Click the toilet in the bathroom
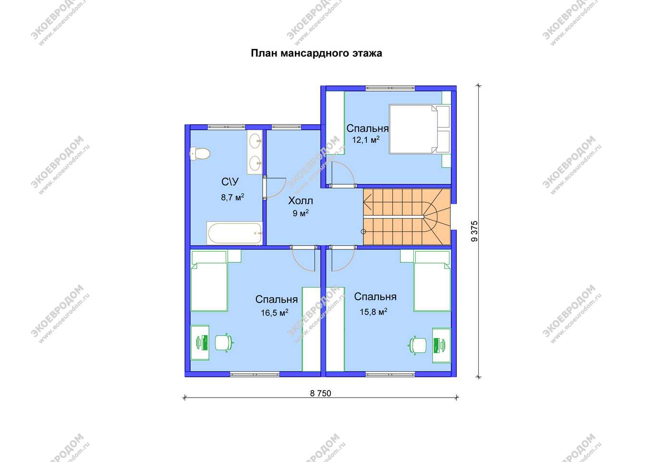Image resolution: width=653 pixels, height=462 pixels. (x=200, y=153)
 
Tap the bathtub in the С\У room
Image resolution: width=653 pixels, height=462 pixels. (x=235, y=233)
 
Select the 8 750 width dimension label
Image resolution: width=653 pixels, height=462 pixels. (x=320, y=393)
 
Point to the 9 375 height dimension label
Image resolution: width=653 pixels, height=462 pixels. (x=474, y=231)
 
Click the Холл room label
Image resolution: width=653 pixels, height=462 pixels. (x=301, y=201)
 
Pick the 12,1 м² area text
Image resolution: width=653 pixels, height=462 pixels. (x=366, y=140)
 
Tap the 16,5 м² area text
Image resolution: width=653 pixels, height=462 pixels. (x=275, y=313)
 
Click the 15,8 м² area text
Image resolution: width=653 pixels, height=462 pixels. (x=374, y=312)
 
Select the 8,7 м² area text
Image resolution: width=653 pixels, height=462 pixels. (x=232, y=197)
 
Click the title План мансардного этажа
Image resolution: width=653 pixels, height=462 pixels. (x=316, y=53)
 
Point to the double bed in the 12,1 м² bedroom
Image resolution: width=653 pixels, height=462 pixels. (x=419, y=129)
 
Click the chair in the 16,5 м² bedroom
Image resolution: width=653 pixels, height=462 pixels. (x=224, y=342)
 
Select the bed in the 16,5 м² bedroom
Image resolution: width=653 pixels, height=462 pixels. (x=209, y=281)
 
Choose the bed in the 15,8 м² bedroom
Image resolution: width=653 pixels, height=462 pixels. (x=432, y=281)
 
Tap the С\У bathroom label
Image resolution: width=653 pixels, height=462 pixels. (x=230, y=182)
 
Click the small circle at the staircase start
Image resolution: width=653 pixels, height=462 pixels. (x=363, y=231)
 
